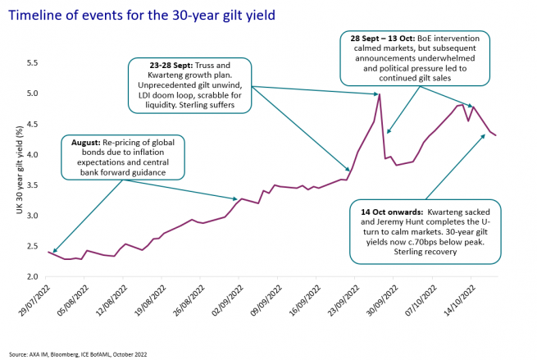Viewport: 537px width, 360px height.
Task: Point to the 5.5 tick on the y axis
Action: tap(34, 63)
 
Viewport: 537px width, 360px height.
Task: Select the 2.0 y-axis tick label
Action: tap(34, 276)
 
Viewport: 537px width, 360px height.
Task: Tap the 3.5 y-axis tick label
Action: tap(34, 185)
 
